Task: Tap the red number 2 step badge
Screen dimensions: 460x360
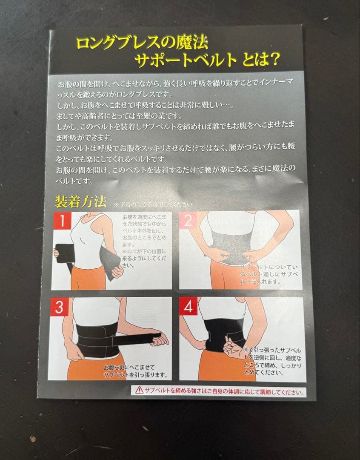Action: click(x=188, y=220)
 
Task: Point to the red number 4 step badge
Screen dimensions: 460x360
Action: click(x=188, y=307)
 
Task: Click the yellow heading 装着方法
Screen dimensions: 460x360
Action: click(x=81, y=201)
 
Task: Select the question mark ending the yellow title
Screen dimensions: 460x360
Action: click(x=274, y=61)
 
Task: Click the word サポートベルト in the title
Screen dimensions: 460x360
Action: click(x=186, y=61)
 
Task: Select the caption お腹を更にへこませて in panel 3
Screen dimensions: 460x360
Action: click(x=129, y=367)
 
